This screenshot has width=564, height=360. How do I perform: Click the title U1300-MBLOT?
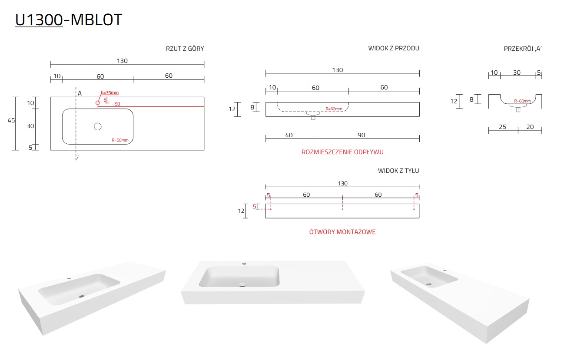(69, 20)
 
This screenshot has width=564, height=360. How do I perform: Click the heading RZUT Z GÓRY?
(185, 49)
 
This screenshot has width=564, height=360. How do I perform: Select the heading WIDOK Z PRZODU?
(394, 48)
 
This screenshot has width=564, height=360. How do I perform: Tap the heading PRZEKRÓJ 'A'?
(523, 49)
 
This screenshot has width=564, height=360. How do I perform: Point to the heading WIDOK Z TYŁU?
(398, 171)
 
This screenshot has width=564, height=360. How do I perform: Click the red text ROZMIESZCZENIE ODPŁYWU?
(342, 152)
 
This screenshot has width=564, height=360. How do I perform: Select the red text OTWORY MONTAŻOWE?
(342, 232)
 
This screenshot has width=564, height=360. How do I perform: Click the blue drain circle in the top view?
(98, 126)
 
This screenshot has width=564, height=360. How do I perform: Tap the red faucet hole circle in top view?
(98, 102)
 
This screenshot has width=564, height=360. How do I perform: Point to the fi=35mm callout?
(109, 93)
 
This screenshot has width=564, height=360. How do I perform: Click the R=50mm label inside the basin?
(120, 140)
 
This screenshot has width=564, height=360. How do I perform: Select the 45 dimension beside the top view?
(11, 120)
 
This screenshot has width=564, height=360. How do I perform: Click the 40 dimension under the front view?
(289, 135)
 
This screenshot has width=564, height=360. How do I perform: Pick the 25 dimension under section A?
(502, 127)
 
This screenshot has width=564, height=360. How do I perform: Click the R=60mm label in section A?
(522, 101)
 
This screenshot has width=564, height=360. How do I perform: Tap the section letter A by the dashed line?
(80, 93)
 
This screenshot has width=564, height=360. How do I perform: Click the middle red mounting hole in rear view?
(342, 209)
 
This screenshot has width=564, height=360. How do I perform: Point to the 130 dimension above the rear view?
(342, 183)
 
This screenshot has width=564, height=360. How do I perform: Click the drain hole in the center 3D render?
(242, 285)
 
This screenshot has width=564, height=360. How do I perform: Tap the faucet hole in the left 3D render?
(69, 278)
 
